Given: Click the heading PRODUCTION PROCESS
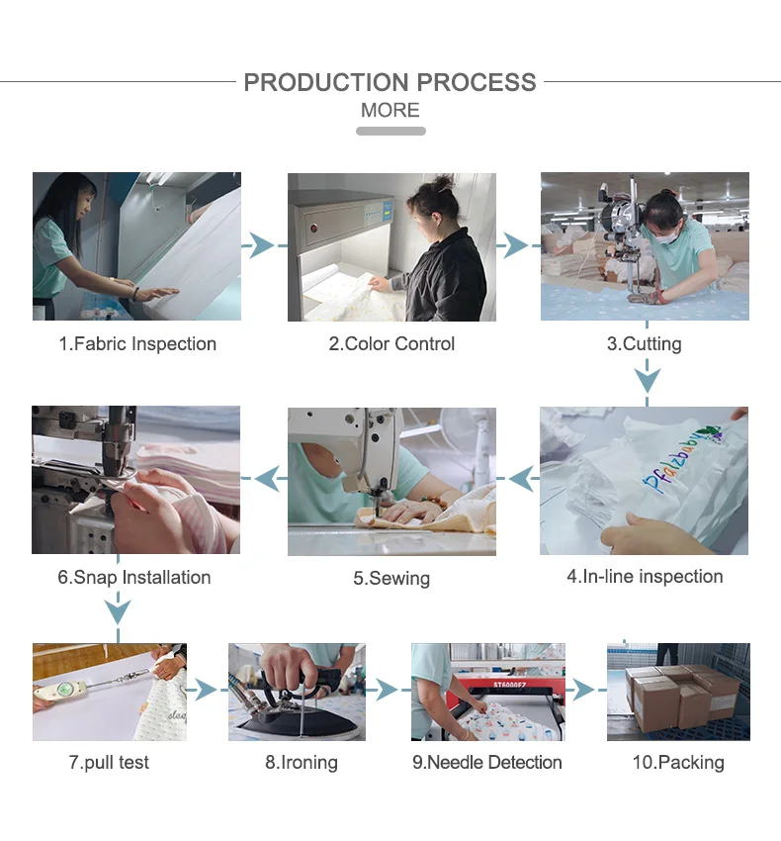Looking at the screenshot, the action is pyautogui.click(x=390, y=82).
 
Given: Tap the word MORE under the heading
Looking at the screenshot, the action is pyautogui.click(x=390, y=110).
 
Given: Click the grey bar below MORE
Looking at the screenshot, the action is pyautogui.click(x=390, y=131).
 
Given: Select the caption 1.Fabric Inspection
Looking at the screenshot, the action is pyautogui.click(x=137, y=343).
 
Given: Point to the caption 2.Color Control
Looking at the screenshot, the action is pyautogui.click(x=391, y=343).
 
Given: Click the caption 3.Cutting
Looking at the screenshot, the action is pyautogui.click(x=645, y=343).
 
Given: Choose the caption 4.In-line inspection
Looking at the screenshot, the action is pyautogui.click(x=645, y=577).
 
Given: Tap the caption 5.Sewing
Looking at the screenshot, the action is pyautogui.click(x=391, y=578).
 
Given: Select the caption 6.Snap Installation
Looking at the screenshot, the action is pyautogui.click(x=134, y=577).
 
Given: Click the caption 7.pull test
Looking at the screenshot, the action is pyautogui.click(x=109, y=762).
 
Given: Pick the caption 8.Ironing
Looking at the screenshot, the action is pyautogui.click(x=302, y=762).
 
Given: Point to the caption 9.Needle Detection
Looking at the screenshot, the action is pyautogui.click(x=487, y=762).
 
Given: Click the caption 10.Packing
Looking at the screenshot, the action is pyautogui.click(x=678, y=762).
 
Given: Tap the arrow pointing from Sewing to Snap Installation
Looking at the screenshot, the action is pyautogui.click(x=264, y=479).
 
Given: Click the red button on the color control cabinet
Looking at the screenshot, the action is pyautogui.click(x=313, y=228).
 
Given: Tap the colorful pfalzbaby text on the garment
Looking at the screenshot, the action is pyautogui.click(x=682, y=459).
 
